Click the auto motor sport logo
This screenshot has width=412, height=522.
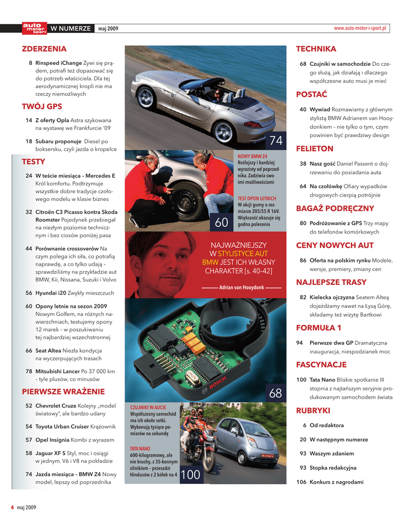34,29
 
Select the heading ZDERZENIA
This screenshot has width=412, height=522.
44,49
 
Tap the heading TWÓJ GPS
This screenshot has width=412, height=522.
42,107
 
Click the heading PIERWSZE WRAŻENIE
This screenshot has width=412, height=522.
63,391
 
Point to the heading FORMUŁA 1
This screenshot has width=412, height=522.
319,327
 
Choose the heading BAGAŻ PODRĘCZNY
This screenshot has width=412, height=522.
335,208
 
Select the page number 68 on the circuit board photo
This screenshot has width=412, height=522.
275,393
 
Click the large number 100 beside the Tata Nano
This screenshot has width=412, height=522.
190,475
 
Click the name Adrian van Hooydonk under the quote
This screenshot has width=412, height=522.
242,288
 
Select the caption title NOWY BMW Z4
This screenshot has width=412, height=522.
252,156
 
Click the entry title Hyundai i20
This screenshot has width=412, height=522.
49,293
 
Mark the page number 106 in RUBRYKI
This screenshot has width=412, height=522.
301,482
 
